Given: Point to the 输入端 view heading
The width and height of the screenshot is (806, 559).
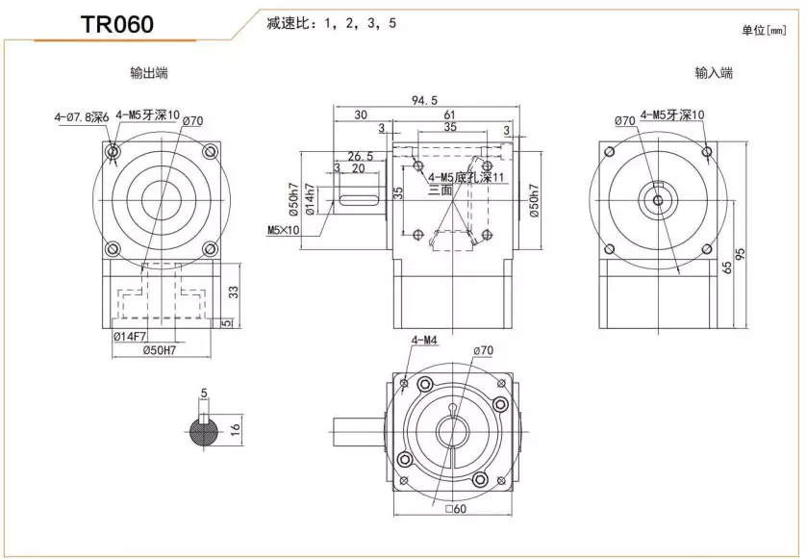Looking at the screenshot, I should [x=714, y=73].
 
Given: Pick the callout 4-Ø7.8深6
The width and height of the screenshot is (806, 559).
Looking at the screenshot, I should [x=82, y=116].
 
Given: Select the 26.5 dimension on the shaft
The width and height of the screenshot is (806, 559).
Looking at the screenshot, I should [x=360, y=156].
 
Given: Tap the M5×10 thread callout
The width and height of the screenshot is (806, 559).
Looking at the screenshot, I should [x=284, y=230].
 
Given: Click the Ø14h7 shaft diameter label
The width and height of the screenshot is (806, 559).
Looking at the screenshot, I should [x=310, y=200].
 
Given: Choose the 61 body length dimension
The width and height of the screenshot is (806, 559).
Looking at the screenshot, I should [x=449, y=114].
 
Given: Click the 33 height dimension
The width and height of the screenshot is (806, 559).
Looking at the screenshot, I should [x=233, y=290].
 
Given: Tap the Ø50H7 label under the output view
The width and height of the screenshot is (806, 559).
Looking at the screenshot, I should [x=159, y=351].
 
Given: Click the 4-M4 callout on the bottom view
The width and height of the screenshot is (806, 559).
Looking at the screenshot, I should [x=424, y=340].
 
